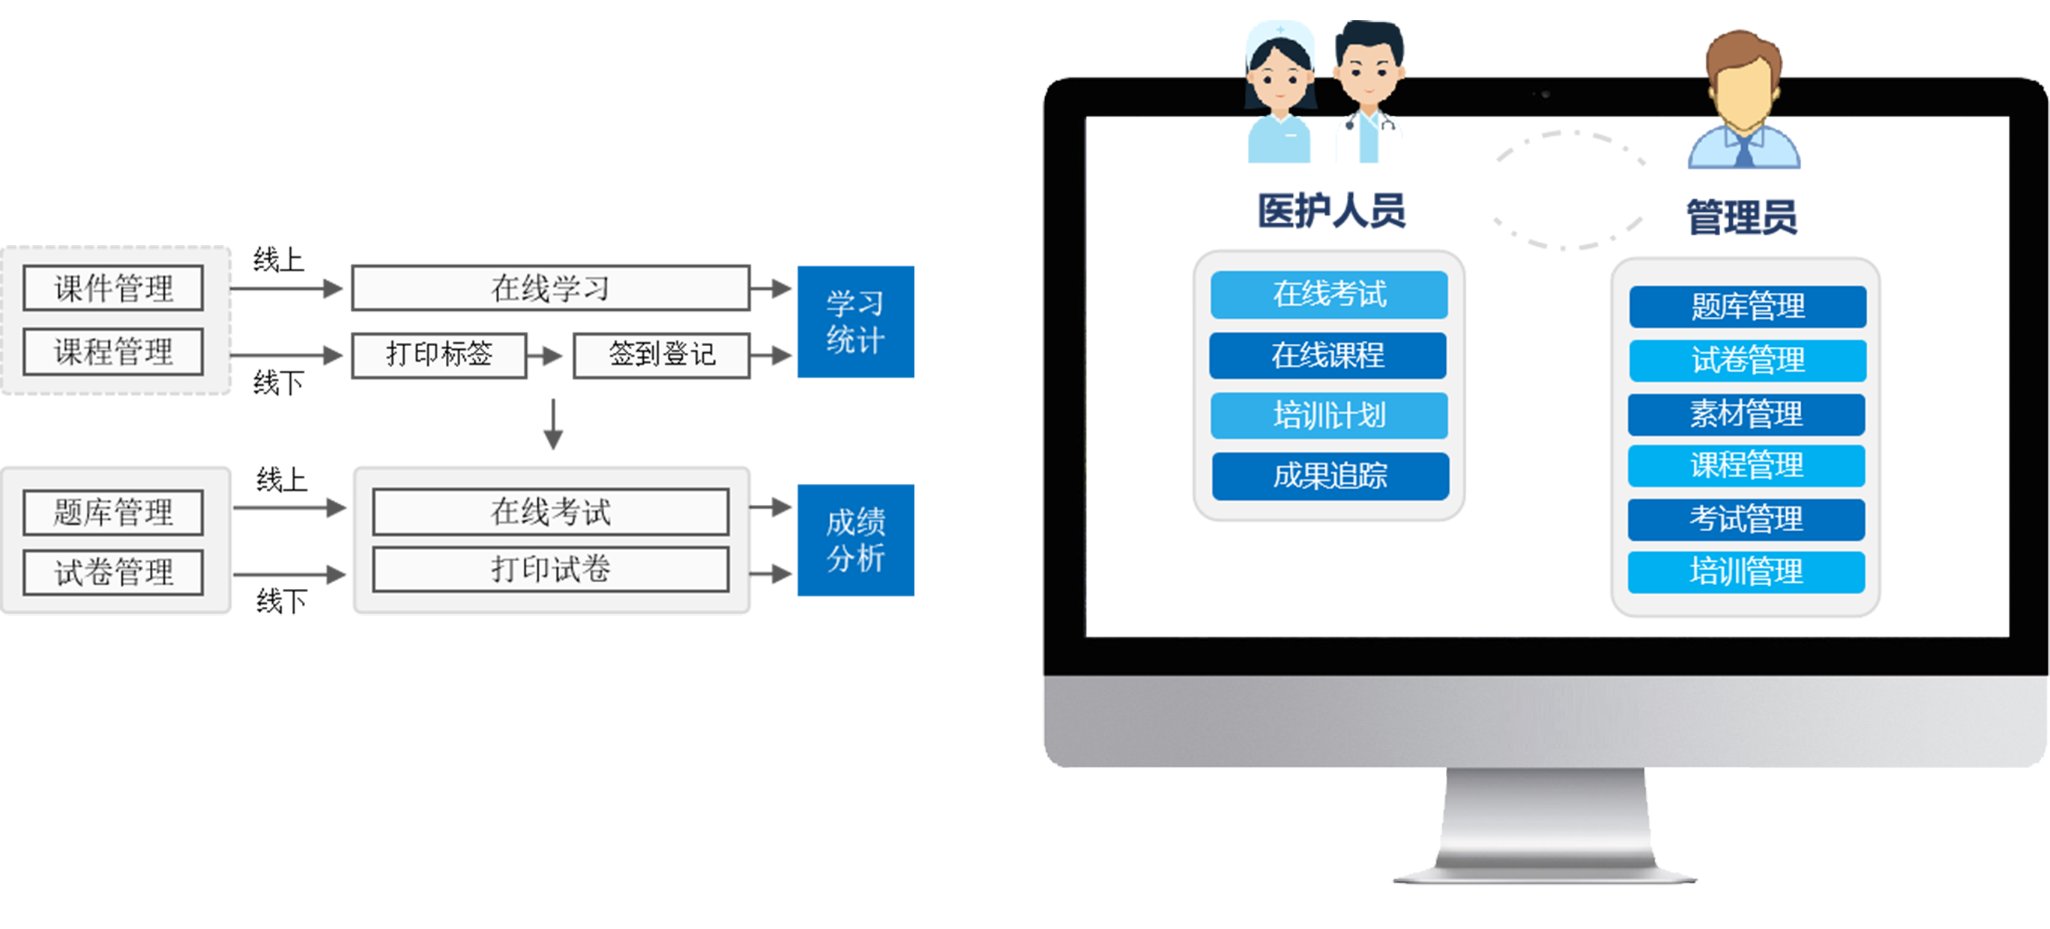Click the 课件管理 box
pos(113,288)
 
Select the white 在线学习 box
pos(550,288)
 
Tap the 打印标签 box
pos(438,354)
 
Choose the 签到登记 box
pos(661,354)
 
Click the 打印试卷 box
pos(550,569)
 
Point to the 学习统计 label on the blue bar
pos(854,322)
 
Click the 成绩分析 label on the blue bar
pos(854,540)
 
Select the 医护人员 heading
pos(1330,211)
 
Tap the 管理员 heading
pos(1741,217)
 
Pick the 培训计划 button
pos(1329,415)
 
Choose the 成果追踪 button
pos(1330,476)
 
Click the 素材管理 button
pos(1746,414)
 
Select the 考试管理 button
pos(1746,519)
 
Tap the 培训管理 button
pos(1746,572)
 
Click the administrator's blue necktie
pos(1743,151)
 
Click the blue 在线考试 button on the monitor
pos(1329,294)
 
